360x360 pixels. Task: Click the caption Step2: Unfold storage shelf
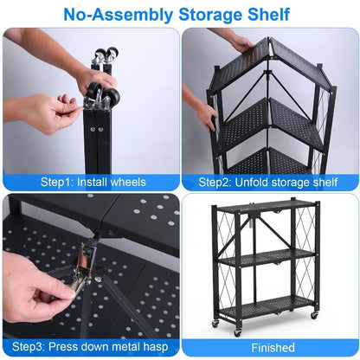click(268, 182)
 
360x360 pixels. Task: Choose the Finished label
click(268, 347)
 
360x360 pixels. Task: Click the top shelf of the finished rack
click(266, 209)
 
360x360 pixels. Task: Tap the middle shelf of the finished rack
click(266, 257)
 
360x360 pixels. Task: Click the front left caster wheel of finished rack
click(215, 325)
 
